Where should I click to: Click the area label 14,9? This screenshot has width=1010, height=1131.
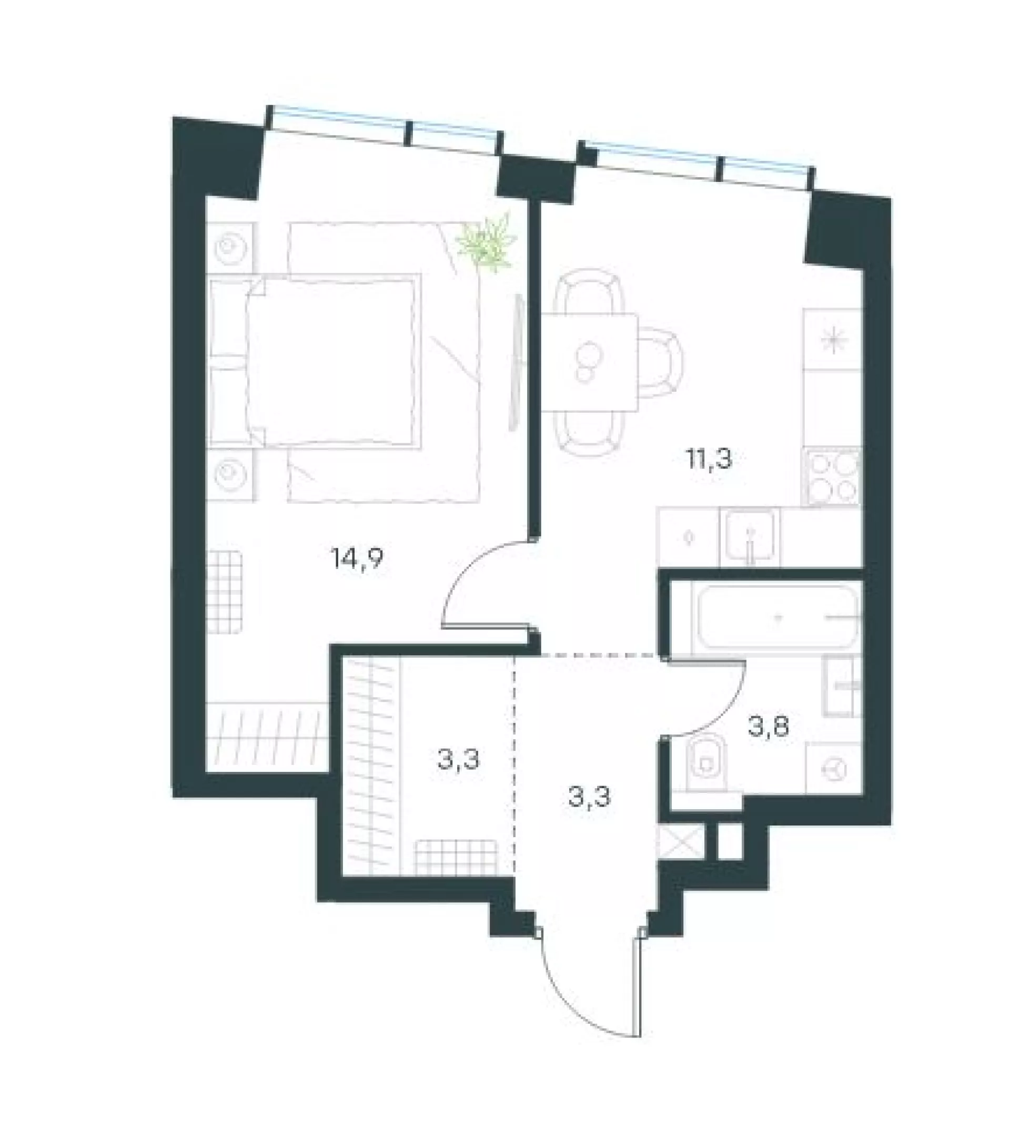[x=357, y=558]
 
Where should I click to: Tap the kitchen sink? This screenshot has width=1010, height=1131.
[x=749, y=536]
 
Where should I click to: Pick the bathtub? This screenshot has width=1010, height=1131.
[x=777, y=617]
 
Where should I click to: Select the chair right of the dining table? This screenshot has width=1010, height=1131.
[x=660, y=362]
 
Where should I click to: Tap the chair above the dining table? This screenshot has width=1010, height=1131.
[x=590, y=291]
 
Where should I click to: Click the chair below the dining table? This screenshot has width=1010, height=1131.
[x=590, y=433]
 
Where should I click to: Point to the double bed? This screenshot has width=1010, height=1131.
[x=314, y=361]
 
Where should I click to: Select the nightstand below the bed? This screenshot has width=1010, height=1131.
[x=231, y=475]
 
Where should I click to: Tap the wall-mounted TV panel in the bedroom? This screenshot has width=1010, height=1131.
[x=517, y=362]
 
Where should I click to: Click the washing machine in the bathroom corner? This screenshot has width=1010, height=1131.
[x=834, y=769]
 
